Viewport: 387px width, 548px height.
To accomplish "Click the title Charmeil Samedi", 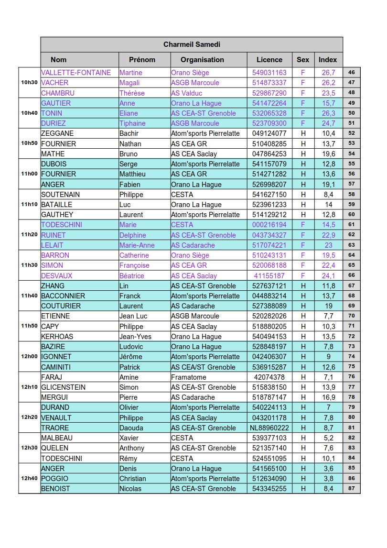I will [x=192, y=44].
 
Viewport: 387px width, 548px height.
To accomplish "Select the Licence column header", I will [x=269, y=60].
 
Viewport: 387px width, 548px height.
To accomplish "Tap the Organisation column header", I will [x=202, y=60].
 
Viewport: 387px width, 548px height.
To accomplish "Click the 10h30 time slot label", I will [x=29, y=83].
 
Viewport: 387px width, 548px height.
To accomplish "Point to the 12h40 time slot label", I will [x=29, y=479].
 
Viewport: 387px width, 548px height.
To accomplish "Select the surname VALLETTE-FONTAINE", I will [x=76, y=73].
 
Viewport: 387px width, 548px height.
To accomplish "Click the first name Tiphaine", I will [x=132, y=123].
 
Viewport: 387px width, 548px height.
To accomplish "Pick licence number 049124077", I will [x=269, y=133].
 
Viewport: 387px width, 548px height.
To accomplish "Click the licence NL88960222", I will [x=269, y=428].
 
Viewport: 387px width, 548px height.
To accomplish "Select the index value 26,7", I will [x=328, y=73].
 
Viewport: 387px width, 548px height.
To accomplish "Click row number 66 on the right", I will [x=352, y=275].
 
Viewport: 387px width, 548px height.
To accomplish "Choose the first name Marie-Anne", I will [x=137, y=245].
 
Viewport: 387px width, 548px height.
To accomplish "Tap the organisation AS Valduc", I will [x=186, y=93].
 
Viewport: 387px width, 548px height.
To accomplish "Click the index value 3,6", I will [x=328, y=469].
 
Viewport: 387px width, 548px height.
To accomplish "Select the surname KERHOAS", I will [x=57, y=337].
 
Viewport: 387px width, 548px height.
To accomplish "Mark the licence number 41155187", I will [x=269, y=276].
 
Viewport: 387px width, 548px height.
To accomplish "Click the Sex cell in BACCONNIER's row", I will [x=303, y=296].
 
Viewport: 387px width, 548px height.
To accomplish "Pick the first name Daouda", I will [x=131, y=428].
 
